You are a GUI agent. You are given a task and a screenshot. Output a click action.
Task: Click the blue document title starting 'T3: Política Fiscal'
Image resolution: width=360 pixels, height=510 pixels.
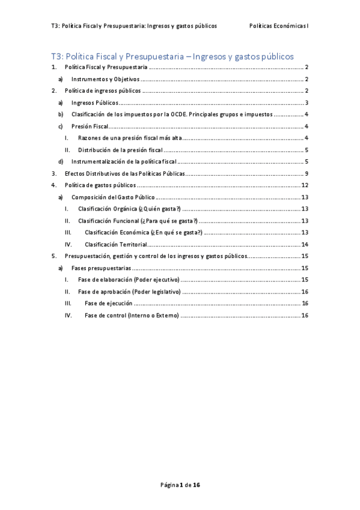pyautogui.click(x=172, y=57)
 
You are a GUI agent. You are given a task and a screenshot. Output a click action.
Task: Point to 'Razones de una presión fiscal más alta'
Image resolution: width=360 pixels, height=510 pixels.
pyautogui.click(x=130, y=138)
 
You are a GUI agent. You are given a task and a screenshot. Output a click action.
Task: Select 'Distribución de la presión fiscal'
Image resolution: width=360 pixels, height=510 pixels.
pyautogui.click(x=121, y=150)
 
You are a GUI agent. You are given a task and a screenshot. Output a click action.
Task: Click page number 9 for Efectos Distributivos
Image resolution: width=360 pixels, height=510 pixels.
pyautogui.click(x=307, y=173)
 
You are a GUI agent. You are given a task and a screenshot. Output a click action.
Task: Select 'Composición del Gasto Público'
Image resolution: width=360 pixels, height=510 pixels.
pyautogui.click(x=112, y=197)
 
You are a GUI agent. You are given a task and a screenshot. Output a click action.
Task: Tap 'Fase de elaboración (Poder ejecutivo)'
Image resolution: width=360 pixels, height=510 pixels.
pyautogui.click(x=129, y=280)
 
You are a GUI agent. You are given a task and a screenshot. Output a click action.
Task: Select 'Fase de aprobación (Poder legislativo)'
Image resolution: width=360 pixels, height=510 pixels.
pyautogui.click(x=129, y=291)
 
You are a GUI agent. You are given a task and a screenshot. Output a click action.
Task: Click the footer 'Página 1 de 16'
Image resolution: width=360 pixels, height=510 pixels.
pyautogui.click(x=180, y=484)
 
